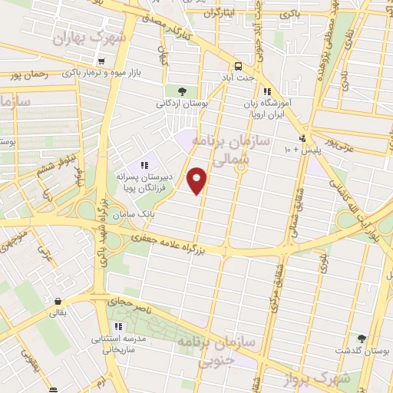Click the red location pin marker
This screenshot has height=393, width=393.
pyautogui.click(x=197, y=180)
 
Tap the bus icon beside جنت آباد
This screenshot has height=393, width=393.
pyautogui.click(x=238, y=66)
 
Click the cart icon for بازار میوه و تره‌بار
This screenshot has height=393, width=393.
pyautogui.click(x=102, y=60)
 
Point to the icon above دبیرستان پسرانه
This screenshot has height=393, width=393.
pyautogui.click(x=144, y=165)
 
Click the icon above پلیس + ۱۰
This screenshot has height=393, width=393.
pyautogui.click(x=302, y=138)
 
